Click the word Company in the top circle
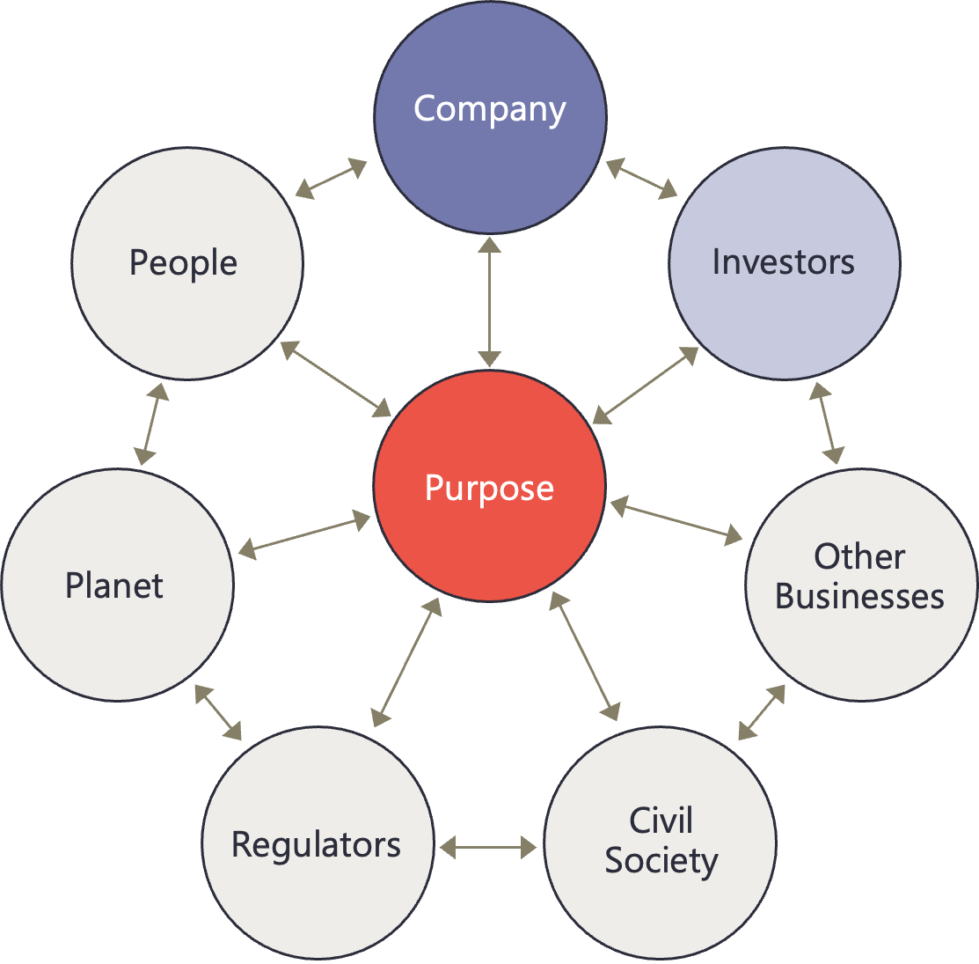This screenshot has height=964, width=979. pyautogui.click(x=490, y=109)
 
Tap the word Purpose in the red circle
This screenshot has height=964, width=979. pyautogui.click(x=489, y=488)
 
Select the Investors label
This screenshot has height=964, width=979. pyautogui.click(x=783, y=261)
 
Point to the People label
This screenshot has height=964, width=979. pyautogui.click(x=183, y=263)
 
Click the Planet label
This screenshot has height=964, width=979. pyautogui.click(x=114, y=585)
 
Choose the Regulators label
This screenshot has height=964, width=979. pyautogui.click(x=316, y=844)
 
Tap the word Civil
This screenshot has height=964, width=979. pyautogui.click(x=661, y=821)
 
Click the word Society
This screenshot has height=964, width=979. pyautogui.click(x=661, y=860)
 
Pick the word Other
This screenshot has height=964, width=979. pyautogui.click(x=858, y=556)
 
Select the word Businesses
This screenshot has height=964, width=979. pyautogui.click(x=859, y=596)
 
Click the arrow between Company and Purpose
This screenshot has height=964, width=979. pyautogui.click(x=490, y=301)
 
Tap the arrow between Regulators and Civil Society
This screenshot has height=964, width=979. pyautogui.click(x=488, y=847)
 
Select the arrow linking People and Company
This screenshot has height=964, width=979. pyautogui.click(x=331, y=178)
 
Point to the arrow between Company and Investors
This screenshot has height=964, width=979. pyautogui.click(x=641, y=178)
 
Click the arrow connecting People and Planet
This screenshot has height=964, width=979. pyautogui.click(x=151, y=424)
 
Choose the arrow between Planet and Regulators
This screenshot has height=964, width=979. pyautogui.click(x=217, y=712)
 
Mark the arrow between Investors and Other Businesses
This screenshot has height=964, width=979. pyautogui.click(x=826, y=423)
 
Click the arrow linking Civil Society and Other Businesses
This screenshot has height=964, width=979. pyautogui.click(x=762, y=712)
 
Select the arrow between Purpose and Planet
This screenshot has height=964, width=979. pyautogui.click(x=305, y=537)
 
